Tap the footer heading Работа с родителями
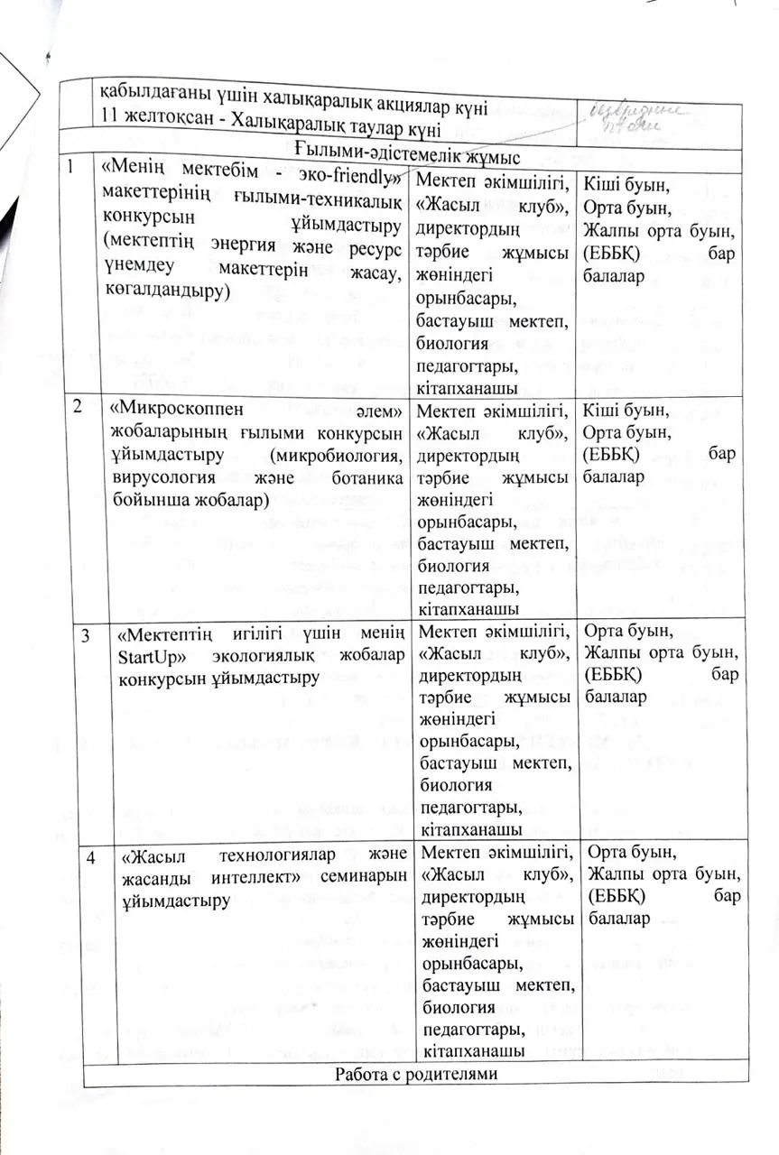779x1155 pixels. point(416,1075)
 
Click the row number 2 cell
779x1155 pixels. point(83,406)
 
